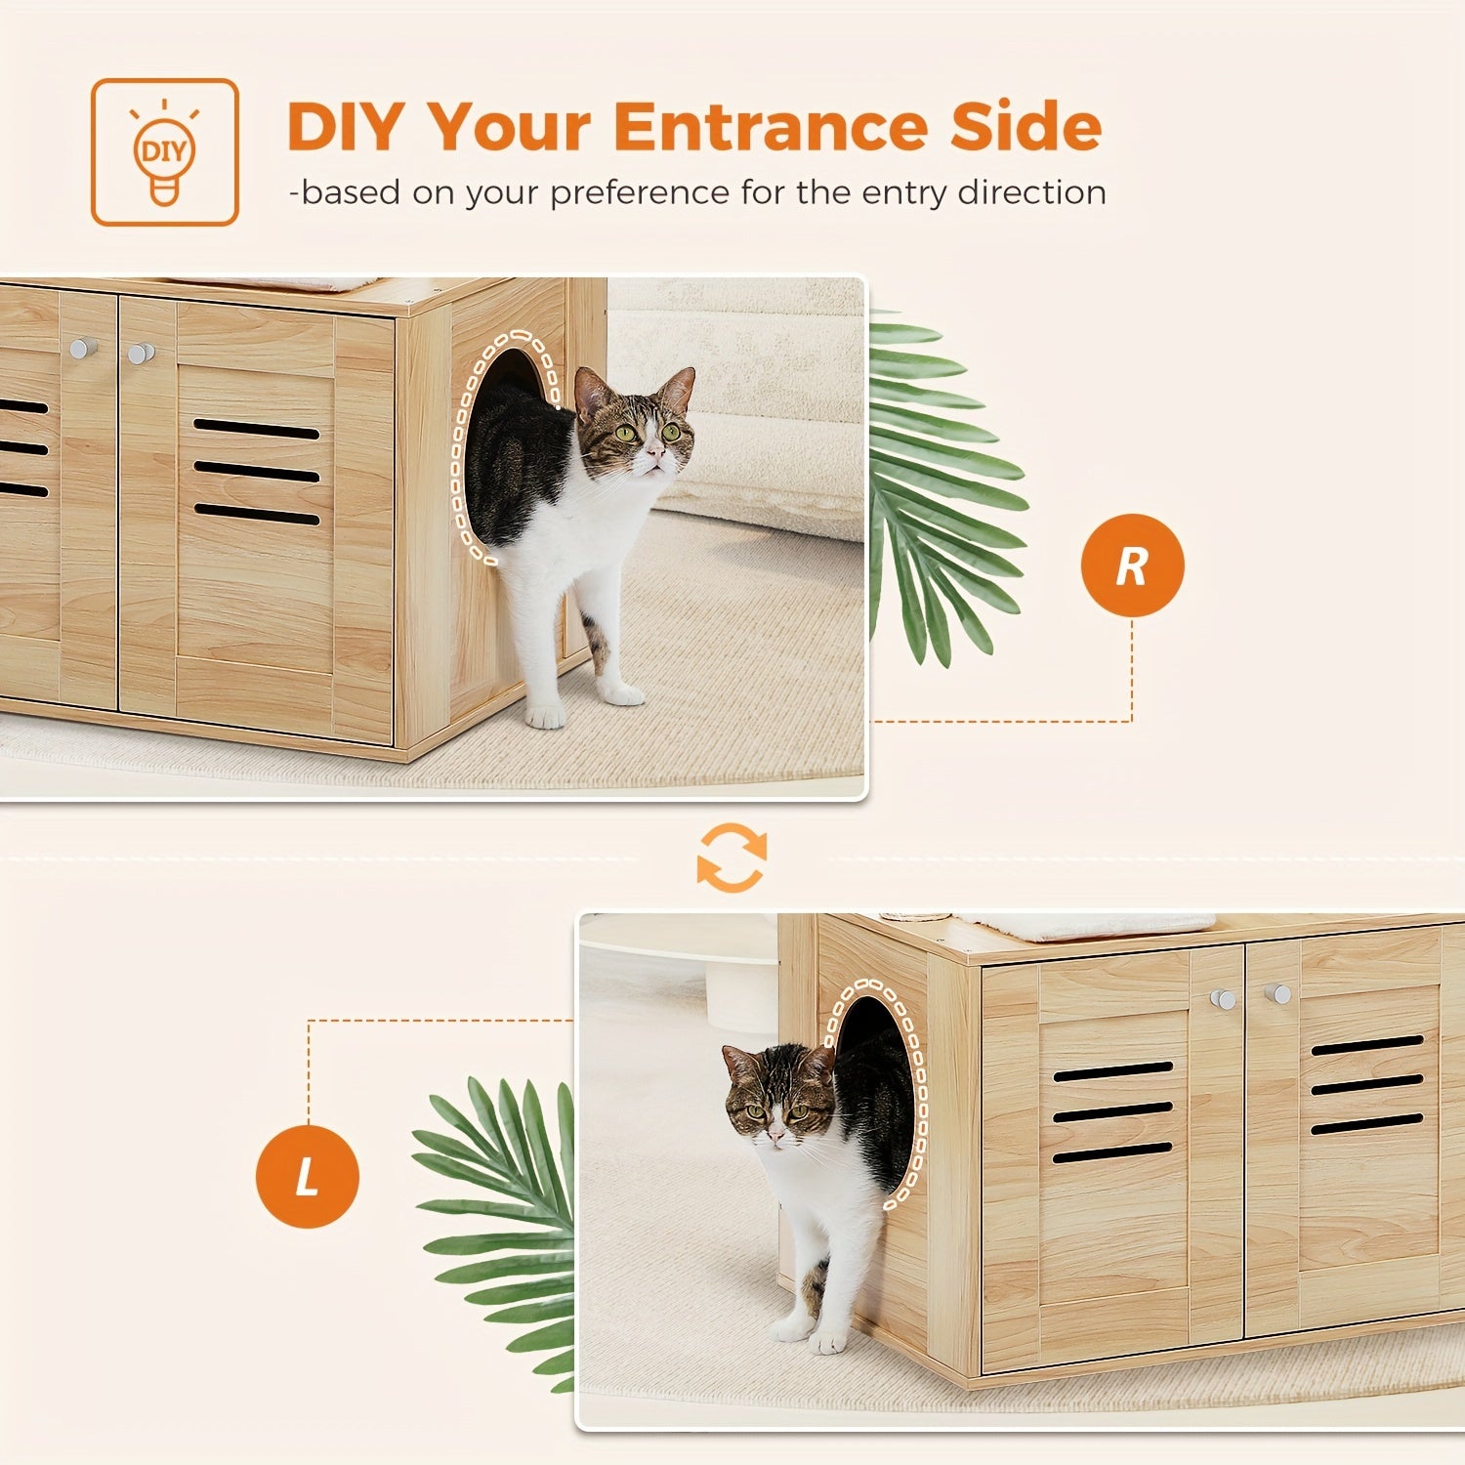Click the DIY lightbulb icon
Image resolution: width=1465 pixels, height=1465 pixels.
164,152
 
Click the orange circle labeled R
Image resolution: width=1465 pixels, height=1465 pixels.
1132,565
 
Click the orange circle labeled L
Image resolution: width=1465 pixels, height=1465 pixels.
307,1176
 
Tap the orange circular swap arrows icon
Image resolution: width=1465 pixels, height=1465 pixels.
732,858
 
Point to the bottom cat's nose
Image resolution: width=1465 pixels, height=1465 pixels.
774,1136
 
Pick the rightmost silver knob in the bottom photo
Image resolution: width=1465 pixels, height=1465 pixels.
1277,994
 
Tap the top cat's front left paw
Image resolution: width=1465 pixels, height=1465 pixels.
545,716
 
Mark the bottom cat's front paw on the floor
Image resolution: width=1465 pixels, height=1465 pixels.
826,1342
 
